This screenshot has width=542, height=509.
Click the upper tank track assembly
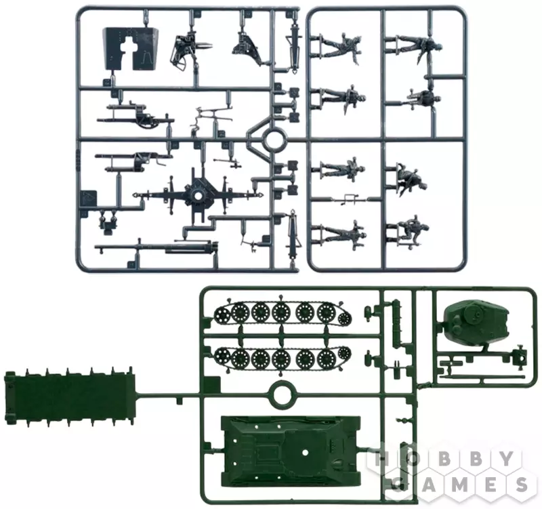click(x=282, y=312)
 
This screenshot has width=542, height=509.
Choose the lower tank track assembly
click(x=282, y=358)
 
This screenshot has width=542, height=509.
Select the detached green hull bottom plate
click(x=70, y=396)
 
